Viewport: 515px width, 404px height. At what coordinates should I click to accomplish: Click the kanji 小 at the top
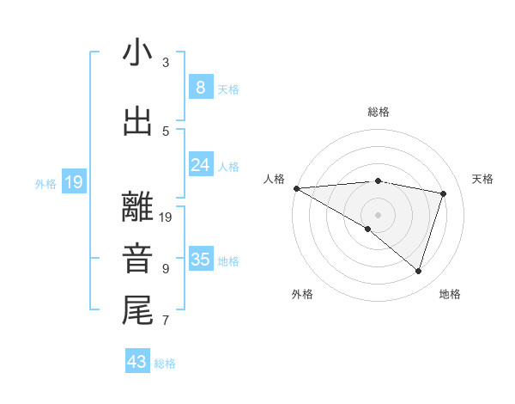click(137, 53)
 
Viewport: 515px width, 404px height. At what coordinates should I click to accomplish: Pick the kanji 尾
click(137, 309)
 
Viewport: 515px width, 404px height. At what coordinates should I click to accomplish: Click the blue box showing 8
click(200, 88)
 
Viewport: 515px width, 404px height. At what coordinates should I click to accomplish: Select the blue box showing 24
click(200, 164)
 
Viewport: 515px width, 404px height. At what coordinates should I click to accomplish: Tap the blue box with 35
click(200, 260)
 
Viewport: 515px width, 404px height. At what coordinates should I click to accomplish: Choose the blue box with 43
click(137, 362)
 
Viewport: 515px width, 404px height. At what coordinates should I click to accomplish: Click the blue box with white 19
click(73, 181)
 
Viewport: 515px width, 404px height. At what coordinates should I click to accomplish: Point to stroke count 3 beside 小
click(166, 63)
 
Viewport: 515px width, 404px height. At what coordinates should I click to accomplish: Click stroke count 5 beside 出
click(166, 131)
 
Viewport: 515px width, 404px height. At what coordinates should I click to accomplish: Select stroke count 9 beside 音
click(166, 269)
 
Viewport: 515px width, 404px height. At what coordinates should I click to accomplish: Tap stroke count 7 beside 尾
click(166, 321)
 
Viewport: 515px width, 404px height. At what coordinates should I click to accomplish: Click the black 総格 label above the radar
click(379, 112)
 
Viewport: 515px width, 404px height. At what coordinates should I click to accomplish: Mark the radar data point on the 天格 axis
click(444, 193)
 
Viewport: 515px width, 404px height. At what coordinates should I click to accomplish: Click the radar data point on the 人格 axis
click(296, 187)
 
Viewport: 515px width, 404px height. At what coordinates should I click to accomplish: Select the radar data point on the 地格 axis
click(418, 271)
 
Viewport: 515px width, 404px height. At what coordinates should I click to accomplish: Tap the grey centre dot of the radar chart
click(378, 213)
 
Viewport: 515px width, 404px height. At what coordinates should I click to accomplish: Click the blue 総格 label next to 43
click(165, 364)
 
